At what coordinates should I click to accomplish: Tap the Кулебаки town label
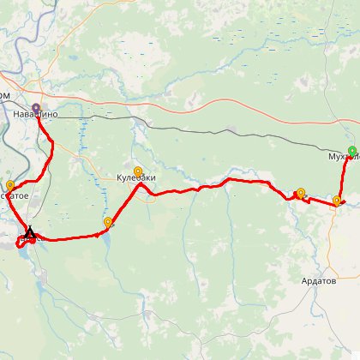137,178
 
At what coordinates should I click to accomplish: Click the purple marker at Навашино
36,107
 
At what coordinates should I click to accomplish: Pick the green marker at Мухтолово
352,151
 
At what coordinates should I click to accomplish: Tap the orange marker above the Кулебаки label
138,171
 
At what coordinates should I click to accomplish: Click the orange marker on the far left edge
10,184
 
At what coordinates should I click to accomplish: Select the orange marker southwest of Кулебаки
108,223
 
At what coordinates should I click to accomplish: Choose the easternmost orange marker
337,201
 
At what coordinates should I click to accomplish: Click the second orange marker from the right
300,193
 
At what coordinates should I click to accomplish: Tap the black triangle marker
29,231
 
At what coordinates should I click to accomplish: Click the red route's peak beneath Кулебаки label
139,185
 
